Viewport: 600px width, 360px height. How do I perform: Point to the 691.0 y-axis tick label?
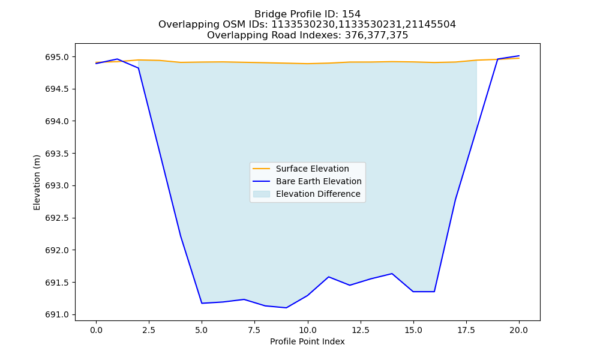57,315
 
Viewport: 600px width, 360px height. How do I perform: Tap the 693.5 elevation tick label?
57,154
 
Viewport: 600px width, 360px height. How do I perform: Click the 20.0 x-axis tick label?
519,330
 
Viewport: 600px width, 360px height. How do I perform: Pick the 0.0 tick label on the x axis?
96,330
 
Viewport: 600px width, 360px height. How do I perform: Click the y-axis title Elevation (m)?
37,182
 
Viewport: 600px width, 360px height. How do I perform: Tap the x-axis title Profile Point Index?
307,341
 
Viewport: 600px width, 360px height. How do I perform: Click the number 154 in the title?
352,14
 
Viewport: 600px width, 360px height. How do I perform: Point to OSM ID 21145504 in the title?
434,25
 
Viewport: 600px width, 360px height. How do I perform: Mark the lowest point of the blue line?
286,308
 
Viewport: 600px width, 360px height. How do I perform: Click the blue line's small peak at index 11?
329,277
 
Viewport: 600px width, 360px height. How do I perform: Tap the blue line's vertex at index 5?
202,304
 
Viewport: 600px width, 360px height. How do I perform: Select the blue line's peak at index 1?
117,59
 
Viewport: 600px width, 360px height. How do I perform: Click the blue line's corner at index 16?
434,292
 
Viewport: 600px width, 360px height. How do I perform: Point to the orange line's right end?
519,58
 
